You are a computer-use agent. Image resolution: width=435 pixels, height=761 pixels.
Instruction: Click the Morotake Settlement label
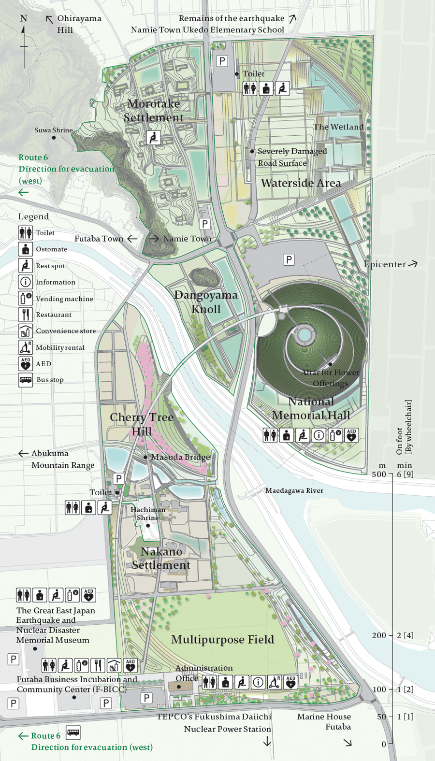(x=154, y=111)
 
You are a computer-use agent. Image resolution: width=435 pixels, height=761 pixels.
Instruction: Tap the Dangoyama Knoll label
(x=206, y=302)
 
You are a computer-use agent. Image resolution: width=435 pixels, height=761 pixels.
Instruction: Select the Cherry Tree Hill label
(x=142, y=424)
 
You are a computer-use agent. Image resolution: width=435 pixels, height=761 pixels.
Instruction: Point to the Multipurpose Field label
(x=222, y=640)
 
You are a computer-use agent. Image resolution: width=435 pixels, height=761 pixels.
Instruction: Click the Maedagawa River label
(x=294, y=490)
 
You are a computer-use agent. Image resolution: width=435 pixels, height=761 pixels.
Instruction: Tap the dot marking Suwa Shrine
(x=54, y=138)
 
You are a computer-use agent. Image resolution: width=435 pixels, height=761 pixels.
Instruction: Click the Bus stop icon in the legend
(x=26, y=380)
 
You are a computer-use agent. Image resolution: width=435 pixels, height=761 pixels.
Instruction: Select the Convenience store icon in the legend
(x=26, y=331)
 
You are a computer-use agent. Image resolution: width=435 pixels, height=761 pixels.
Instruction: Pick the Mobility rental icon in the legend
(x=26, y=347)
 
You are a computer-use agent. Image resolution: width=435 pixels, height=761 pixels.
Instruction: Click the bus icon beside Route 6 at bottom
(x=73, y=732)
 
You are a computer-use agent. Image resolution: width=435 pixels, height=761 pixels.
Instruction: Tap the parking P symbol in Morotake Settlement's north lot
(x=222, y=61)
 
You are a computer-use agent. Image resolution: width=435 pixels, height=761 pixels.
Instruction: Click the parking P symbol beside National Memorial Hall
(x=289, y=260)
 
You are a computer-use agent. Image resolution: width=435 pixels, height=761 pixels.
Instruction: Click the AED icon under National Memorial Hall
(x=351, y=435)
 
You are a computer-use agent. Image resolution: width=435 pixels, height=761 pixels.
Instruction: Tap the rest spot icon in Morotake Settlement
(x=153, y=138)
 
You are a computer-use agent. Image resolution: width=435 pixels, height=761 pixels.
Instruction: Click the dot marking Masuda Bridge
(x=145, y=457)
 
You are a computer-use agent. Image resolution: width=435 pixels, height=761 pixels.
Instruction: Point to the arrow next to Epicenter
(x=412, y=264)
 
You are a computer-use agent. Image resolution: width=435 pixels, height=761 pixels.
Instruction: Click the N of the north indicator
(x=24, y=18)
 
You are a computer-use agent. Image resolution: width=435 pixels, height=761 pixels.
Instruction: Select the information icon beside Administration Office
(x=258, y=682)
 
